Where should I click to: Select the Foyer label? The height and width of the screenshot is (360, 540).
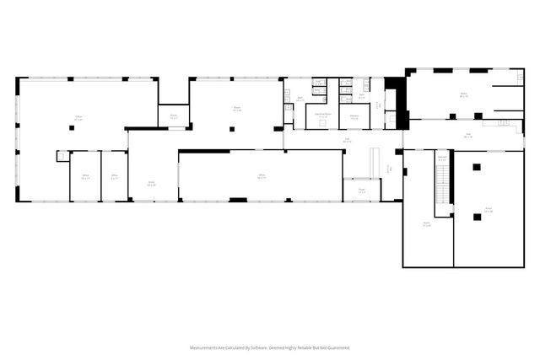coord(361,191)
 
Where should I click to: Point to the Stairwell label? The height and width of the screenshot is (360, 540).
coord(441,156)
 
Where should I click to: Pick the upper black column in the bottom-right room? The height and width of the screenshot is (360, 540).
coord(477,167)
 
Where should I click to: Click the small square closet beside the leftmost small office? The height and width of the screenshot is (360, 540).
coord(62,155)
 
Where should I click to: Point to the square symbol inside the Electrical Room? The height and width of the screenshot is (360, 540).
coord(321,124)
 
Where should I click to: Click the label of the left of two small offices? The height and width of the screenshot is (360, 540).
coord(85,176)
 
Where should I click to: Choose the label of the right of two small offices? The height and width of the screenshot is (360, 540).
coord(114,176)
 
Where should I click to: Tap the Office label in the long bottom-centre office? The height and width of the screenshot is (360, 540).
coord(262,176)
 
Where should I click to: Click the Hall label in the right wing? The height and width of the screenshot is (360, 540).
coord(467,134)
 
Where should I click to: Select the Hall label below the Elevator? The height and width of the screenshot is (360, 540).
coord(346,140)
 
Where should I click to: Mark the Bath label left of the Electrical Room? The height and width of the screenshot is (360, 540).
coord(300,99)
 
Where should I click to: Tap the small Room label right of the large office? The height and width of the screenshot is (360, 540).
coord(173,116)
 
